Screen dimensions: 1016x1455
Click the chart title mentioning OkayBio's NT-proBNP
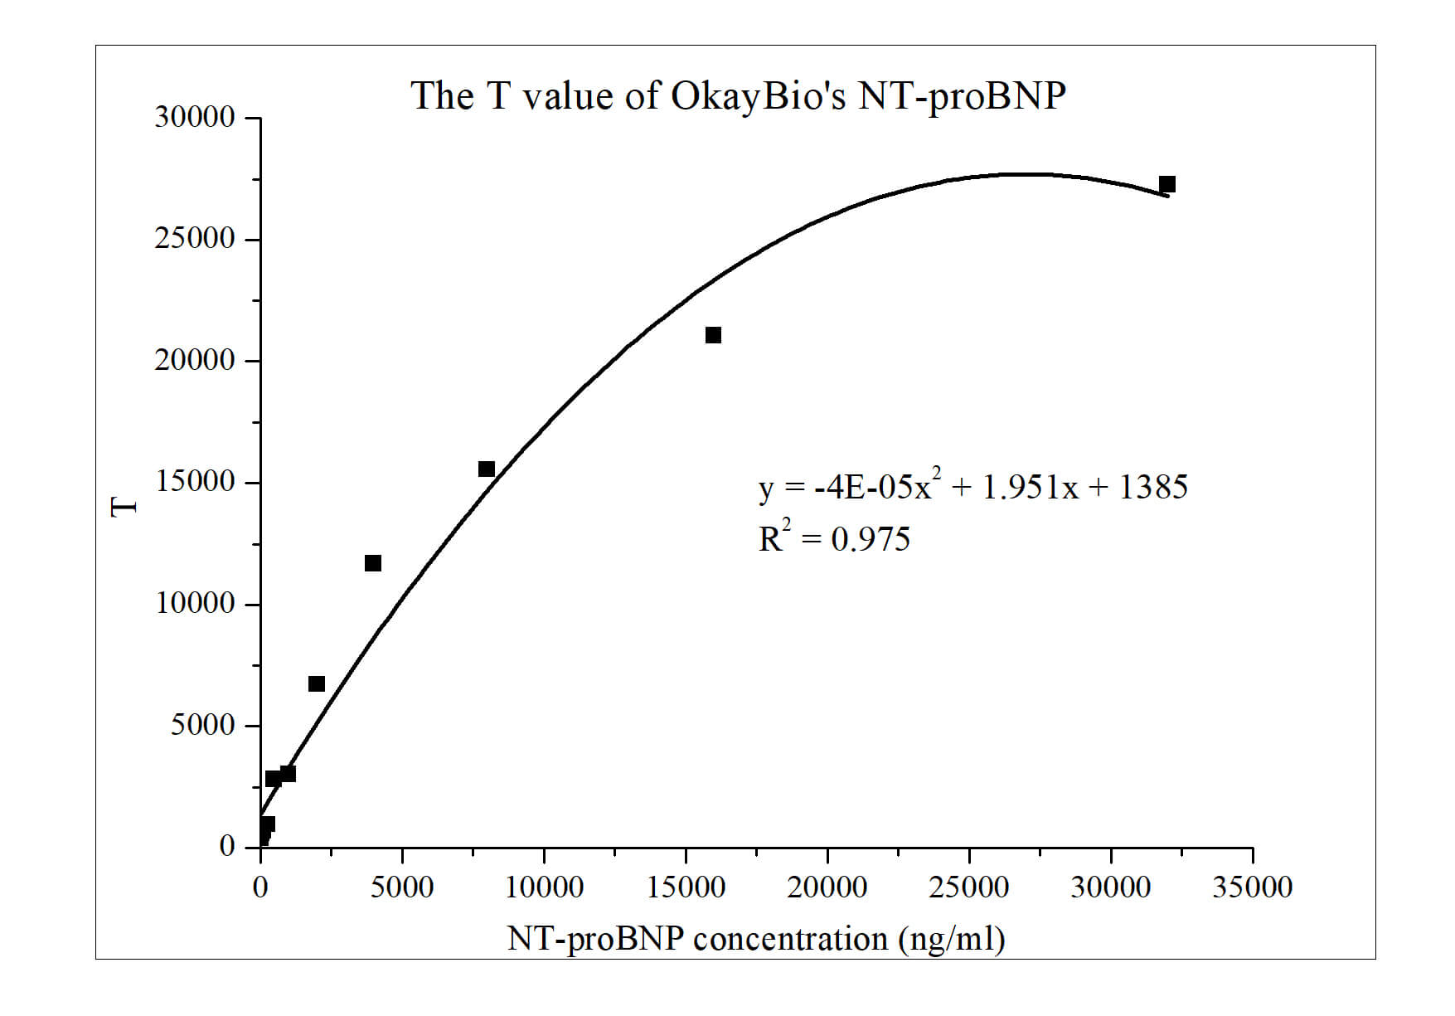[738, 96]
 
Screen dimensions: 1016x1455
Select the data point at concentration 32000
[1167, 184]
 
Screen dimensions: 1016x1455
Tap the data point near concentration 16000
[713, 335]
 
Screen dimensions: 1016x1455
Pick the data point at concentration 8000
[487, 469]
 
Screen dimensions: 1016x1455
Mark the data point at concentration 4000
[373, 564]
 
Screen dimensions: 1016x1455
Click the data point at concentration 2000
[317, 684]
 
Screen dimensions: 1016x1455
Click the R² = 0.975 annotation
[834, 539]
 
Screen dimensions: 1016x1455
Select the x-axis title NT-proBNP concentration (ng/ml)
[756, 939]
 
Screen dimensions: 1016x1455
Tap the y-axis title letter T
[124, 506]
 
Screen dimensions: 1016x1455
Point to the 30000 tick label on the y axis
[195, 118]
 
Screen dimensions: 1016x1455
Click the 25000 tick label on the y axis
[195, 239]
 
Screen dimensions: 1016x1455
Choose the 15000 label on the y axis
[195, 482]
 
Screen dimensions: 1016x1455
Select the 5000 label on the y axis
[203, 726]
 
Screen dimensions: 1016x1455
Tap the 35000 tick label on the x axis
[1252, 887]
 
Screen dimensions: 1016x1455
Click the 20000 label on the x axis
[827, 887]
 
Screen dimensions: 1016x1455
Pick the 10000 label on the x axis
[544, 887]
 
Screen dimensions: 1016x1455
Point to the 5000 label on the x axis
[402, 887]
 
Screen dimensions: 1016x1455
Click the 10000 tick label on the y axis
[195, 604]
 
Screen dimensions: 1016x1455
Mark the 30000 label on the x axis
[1110, 887]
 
